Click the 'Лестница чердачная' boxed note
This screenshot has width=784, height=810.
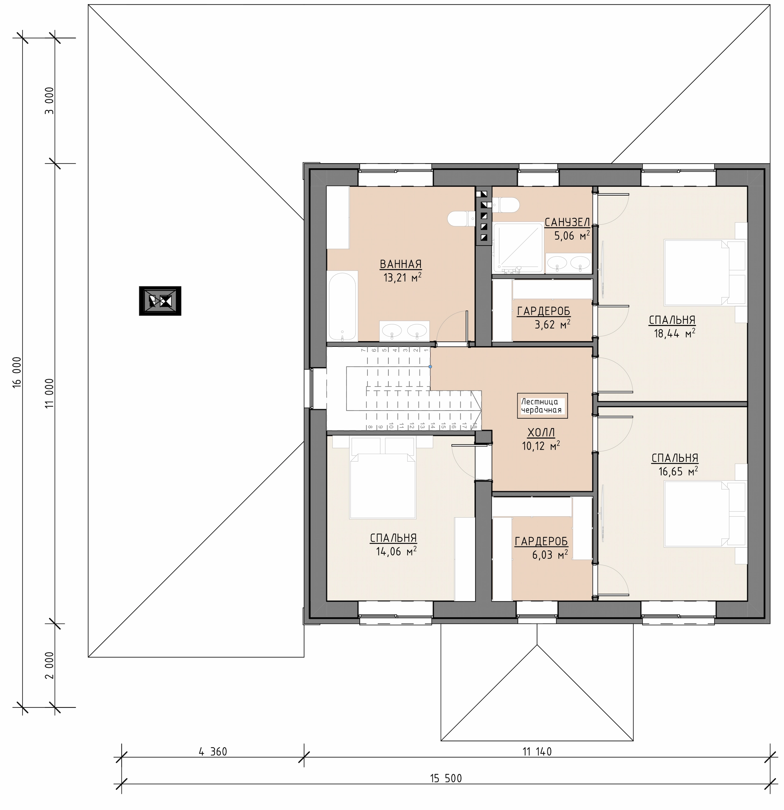542,405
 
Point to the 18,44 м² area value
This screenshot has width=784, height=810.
674,333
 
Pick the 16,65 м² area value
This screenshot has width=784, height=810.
678,471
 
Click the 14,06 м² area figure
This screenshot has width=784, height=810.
396,551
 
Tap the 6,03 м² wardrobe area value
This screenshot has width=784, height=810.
550,554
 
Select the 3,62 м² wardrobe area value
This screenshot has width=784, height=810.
552,324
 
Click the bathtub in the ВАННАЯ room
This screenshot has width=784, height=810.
342,306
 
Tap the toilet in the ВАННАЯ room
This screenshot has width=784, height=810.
462,219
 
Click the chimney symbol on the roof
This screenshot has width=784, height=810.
160,301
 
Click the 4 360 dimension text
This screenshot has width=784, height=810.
213,751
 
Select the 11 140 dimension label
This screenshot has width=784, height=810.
537,751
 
